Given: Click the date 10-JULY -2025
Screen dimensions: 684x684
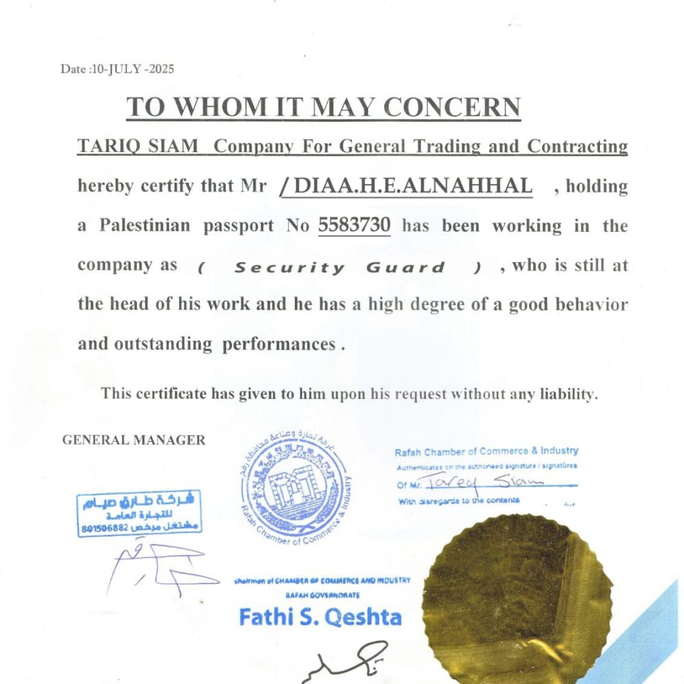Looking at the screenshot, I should point(131,69).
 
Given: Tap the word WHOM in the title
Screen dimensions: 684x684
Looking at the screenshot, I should point(209,108).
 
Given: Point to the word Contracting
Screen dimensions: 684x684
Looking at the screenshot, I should point(577,146).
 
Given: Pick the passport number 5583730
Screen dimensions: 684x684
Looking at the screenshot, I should point(354,225).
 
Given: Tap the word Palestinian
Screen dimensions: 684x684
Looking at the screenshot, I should point(144,225).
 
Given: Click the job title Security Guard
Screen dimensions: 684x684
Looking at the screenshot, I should point(339,267).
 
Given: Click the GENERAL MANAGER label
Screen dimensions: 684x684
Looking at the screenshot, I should point(133,440).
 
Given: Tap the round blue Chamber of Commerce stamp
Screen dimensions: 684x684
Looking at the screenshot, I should point(295,486).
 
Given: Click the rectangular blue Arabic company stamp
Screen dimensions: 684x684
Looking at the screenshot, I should point(140,512).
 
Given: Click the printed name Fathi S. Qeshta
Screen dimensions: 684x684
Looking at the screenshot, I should point(320,618).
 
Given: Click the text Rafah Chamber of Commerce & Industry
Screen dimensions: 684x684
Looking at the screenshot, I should point(486,451).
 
